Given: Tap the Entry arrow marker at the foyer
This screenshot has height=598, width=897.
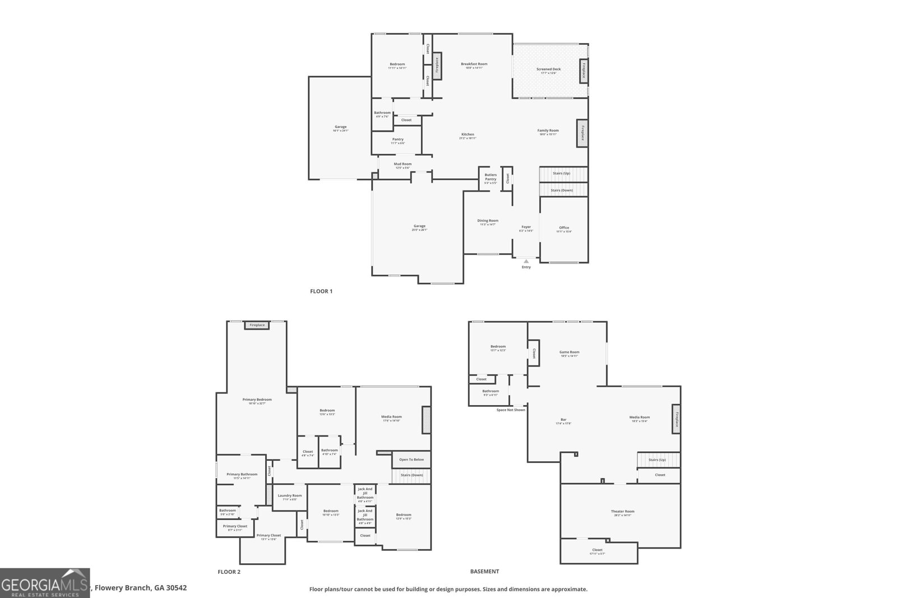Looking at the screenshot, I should coord(526,261).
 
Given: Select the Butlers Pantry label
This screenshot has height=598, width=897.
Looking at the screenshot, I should coord(491,177).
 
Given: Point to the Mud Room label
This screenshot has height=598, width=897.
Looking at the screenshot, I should coord(403,164).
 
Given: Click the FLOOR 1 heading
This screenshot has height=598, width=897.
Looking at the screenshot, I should coord(321,291).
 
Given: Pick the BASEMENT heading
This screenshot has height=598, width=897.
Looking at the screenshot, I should coord(484,572).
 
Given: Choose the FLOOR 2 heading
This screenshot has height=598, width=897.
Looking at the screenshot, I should coord(229,572).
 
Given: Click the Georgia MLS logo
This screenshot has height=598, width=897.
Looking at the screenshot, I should coord(44,583).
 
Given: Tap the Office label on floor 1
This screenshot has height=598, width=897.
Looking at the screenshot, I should coord(564,228).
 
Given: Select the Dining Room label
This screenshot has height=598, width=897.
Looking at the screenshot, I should coord(488,221).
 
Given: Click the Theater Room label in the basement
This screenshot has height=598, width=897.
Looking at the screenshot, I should coord(622,512).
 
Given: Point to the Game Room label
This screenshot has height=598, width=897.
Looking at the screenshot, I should coord(569,353).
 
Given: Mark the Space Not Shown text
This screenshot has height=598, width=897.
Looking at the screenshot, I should coord(511,410).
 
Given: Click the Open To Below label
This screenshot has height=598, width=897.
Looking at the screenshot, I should coord(411,460).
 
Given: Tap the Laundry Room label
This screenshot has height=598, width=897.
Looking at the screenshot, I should coord(289,495).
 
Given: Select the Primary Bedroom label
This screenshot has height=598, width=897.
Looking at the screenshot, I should coord(257,400).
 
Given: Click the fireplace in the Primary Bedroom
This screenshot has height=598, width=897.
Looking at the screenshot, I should coord(257,325).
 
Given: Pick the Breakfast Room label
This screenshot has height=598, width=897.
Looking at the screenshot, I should coord(474,64).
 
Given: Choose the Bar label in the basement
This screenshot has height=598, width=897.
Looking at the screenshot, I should coord(563,420).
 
